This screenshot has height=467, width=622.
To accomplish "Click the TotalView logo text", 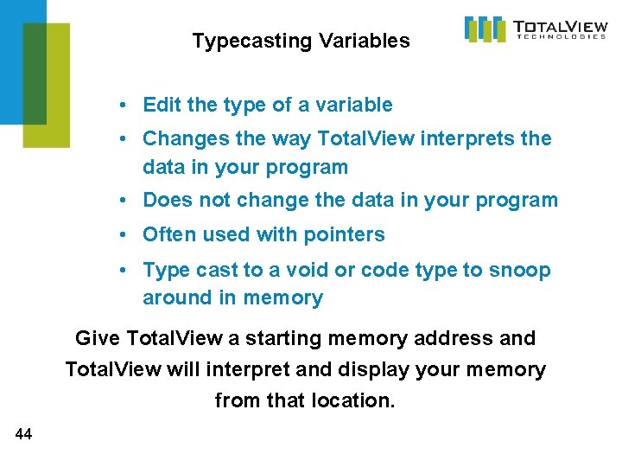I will pyautogui.click(x=559, y=25).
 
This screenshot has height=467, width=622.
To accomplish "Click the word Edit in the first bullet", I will pyautogui.click(x=162, y=106).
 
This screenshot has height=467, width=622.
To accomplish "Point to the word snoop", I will pyautogui.click(x=519, y=270).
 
